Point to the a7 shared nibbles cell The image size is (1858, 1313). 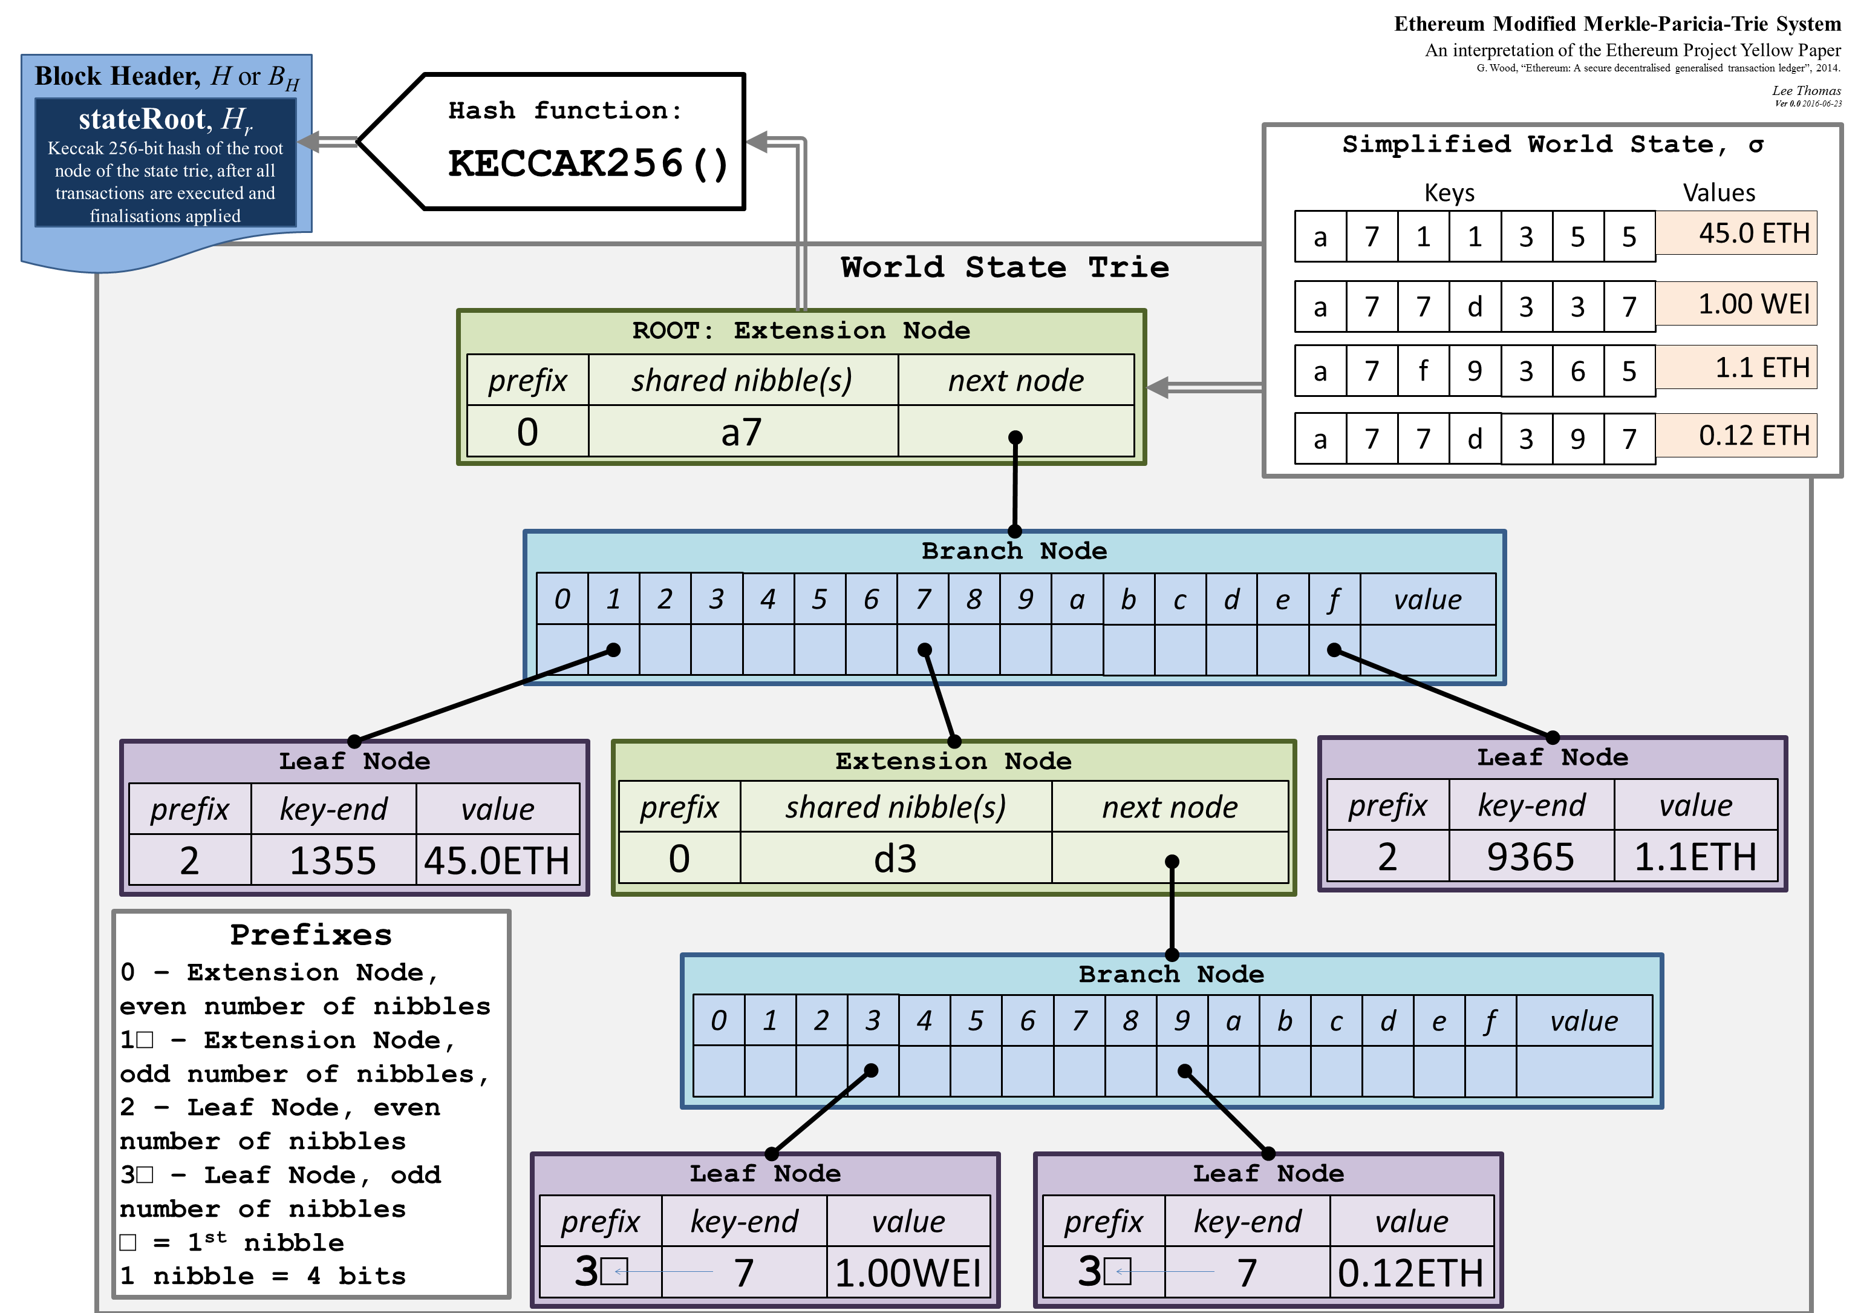[x=742, y=432]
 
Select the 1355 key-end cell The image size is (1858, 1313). [x=333, y=860]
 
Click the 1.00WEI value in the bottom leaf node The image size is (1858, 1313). [x=908, y=1273]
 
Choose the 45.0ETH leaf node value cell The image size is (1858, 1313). [x=497, y=860]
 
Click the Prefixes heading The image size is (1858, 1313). [x=311, y=935]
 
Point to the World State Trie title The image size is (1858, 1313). [x=1004, y=267]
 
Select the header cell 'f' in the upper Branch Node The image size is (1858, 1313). [x=1334, y=600]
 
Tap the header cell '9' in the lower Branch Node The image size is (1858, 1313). [x=1181, y=1021]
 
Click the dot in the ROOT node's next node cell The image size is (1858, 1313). [x=1015, y=437]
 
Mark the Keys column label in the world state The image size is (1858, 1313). [x=1449, y=192]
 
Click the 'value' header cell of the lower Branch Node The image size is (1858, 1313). [x=1583, y=1021]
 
